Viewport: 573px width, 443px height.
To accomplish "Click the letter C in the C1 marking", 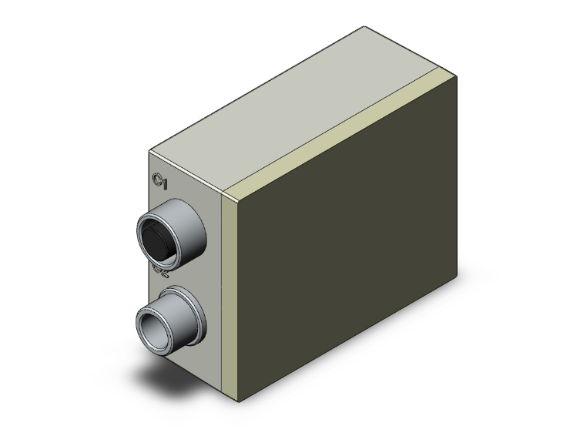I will click(x=157, y=180).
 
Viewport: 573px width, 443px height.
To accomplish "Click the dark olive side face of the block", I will click(x=347, y=262).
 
